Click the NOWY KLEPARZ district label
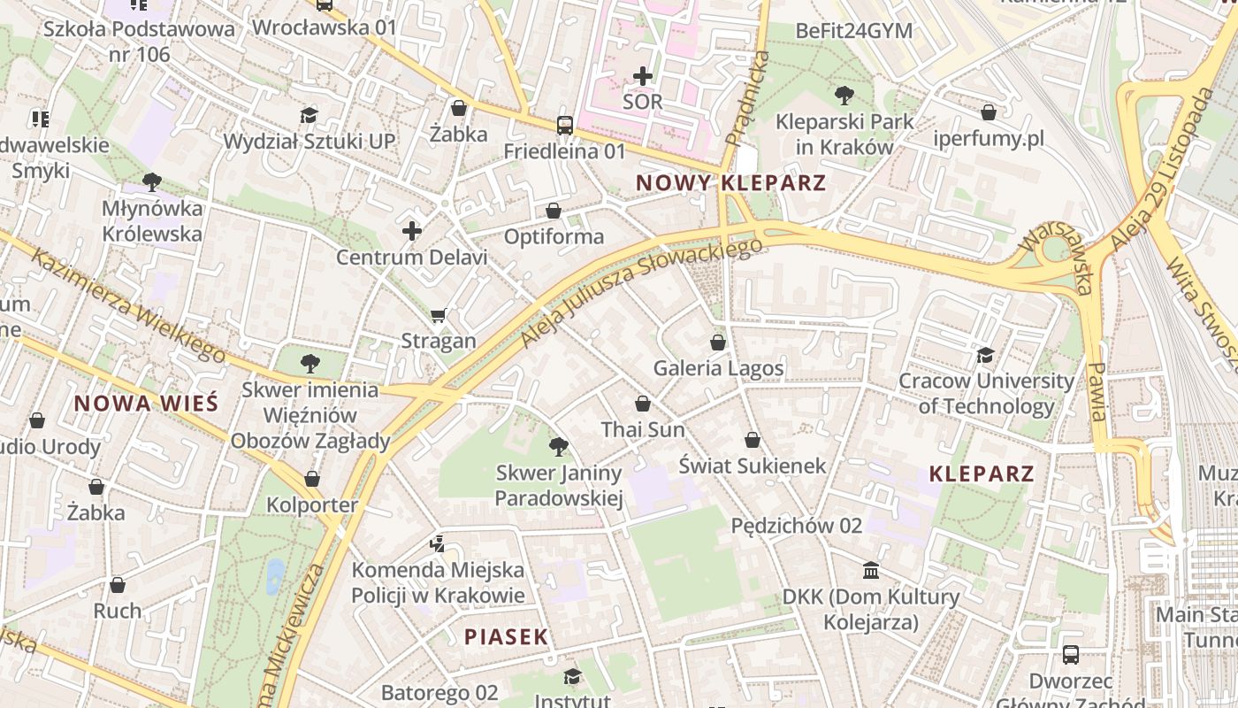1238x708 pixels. coord(730,183)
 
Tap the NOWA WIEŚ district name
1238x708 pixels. coord(146,404)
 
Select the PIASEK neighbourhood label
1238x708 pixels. coord(507,636)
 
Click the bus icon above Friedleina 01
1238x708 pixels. coord(565,126)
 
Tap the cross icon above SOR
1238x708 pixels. coord(643,76)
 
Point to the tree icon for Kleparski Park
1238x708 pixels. coord(844,95)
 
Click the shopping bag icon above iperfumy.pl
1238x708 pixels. coord(989,112)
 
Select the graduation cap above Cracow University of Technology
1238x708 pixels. coord(985,355)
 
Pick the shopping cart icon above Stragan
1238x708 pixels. coord(438,315)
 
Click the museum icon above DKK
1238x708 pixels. coord(871,570)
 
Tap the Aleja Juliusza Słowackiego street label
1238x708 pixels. coord(641,291)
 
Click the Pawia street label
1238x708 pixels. coord(1097,391)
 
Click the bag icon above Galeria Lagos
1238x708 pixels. coord(718,342)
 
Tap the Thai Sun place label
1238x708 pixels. coord(643,429)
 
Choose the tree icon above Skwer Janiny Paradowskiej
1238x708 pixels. coord(558,446)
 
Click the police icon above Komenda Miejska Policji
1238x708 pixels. coord(438,543)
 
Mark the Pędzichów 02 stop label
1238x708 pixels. coord(796,526)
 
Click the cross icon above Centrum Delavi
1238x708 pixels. coord(411,231)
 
